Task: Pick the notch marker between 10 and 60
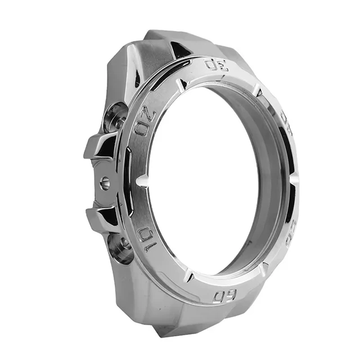[188, 276]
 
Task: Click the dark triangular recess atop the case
[179, 49]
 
